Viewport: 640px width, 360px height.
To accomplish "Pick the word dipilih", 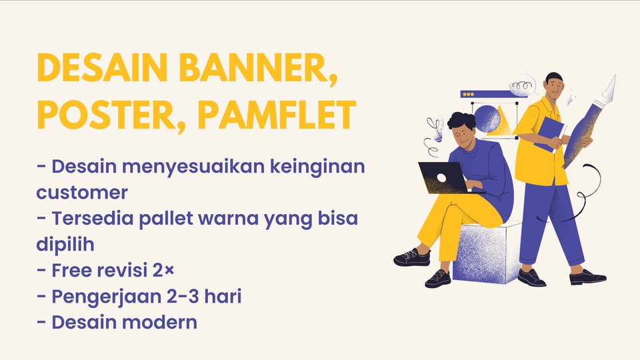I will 65,245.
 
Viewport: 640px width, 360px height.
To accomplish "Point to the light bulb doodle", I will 437,127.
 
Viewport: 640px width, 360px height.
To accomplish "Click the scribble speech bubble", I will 523,86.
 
